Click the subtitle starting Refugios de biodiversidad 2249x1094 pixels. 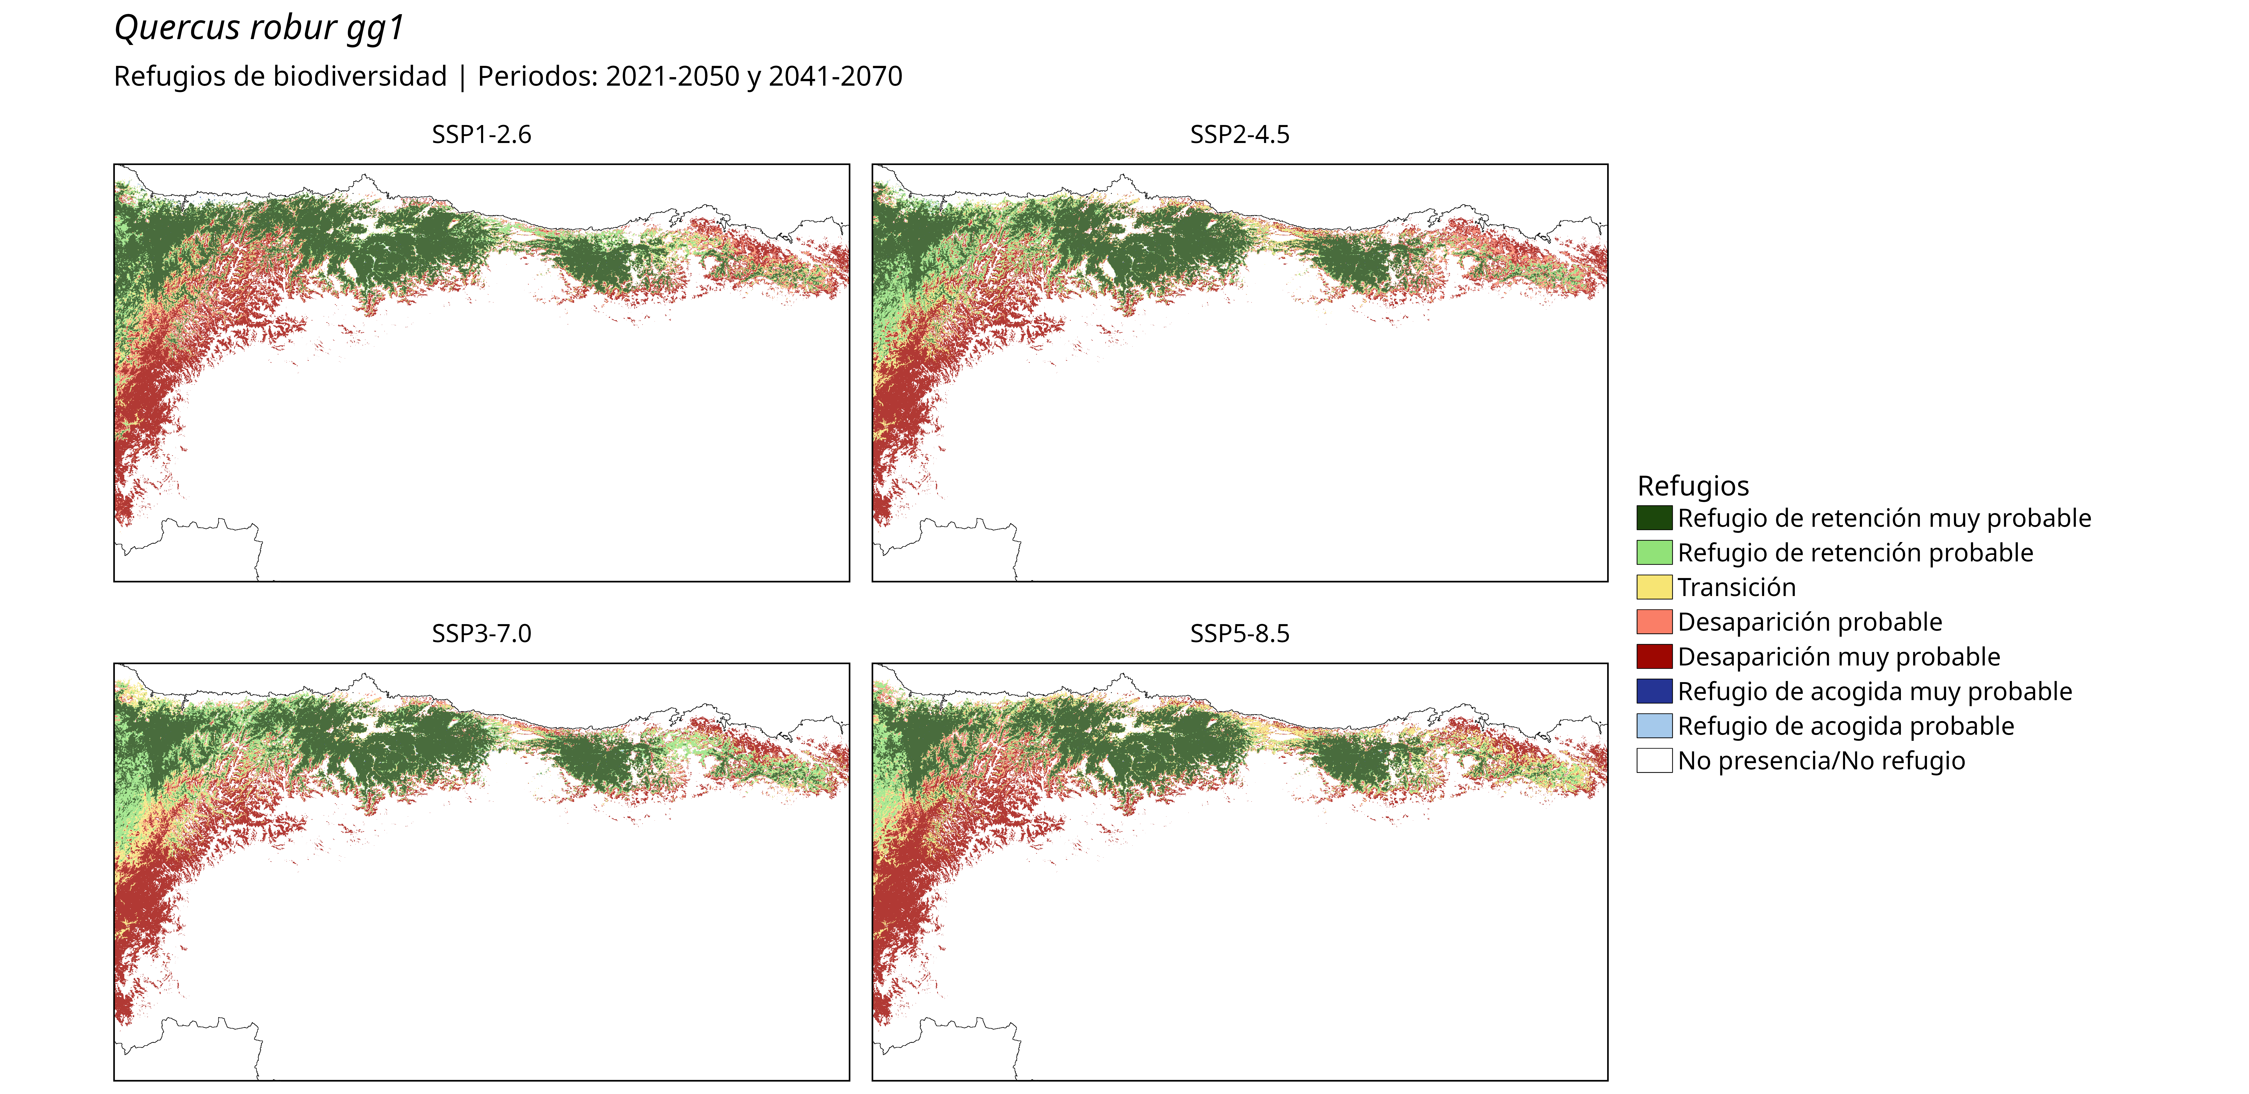pos(508,77)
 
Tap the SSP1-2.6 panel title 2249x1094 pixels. pos(481,134)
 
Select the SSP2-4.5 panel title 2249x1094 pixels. pos(1240,134)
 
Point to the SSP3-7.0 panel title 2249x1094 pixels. pos(481,634)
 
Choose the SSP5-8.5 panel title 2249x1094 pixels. pos(1240,634)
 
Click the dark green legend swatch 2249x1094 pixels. pos(1654,518)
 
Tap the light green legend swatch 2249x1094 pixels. pos(1654,553)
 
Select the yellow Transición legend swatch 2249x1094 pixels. pos(1654,587)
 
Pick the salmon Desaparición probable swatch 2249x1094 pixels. pos(1654,622)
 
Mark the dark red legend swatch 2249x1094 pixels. pos(1654,656)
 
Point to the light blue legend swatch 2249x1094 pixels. pos(1654,726)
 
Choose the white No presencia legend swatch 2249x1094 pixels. pos(1654,761)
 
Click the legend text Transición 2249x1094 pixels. pos(1736,588)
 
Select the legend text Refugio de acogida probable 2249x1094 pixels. pos(1846,726)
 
